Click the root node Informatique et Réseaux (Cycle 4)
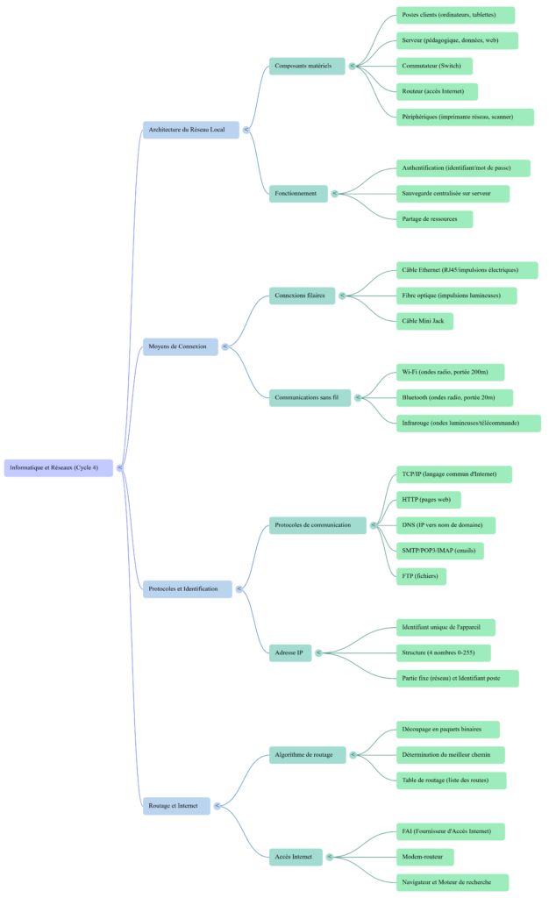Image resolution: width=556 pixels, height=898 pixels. click(59, 467)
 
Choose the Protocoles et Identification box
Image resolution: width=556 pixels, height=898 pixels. click(187, 588)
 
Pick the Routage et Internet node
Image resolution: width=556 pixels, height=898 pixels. click(176, 805)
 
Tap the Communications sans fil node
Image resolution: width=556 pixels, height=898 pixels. click(309, 397)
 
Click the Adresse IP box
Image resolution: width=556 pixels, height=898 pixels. click(289, 652)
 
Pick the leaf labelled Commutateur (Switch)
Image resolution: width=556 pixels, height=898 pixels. click(434, 66)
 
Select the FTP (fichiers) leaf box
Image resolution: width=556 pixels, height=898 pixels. click(421, 576)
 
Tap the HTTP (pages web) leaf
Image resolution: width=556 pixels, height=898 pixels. click(428, 500)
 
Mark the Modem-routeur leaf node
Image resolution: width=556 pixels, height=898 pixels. click(424, 857)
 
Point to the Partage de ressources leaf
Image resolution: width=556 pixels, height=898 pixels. click(434, 218)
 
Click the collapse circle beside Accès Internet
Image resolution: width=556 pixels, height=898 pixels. click(330, 857)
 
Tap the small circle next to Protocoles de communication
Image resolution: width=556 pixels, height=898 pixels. click(374, 525)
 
